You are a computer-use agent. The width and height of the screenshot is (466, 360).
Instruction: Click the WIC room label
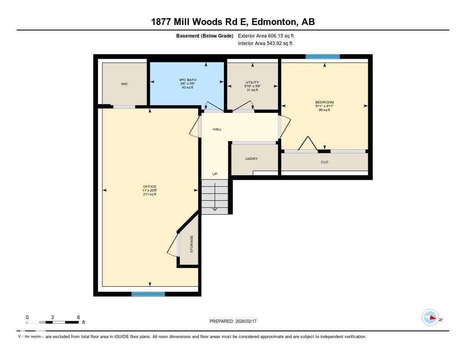click(124, 84)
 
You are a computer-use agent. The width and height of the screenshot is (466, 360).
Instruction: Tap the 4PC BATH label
click(187, 81)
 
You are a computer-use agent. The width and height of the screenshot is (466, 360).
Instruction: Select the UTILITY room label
click(252, 82)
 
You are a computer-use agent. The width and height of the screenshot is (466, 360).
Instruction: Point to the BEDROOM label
click(324, 102)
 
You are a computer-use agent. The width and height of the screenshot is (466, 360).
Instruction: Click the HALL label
click(217, 129)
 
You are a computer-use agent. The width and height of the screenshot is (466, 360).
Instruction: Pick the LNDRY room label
click(251, 159)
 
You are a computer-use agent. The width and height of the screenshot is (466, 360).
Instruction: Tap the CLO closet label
click(324, 162)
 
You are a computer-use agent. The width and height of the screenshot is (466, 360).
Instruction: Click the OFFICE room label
click(150, 187)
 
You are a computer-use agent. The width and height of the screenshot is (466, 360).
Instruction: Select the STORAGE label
click(192, 244)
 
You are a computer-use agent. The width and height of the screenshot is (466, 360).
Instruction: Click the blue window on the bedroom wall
click(323, 57)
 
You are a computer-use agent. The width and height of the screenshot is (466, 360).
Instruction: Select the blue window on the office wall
click(148, 294)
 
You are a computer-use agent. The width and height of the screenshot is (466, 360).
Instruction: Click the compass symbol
click(430, 318)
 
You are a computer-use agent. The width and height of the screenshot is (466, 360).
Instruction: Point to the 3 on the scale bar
click(53, 317)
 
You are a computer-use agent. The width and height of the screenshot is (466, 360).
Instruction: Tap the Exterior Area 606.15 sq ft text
click(269, 35)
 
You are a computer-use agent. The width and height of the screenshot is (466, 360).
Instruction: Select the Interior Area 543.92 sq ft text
click(265, 44)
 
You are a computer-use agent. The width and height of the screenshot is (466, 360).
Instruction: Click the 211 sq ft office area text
click(150, 194)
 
